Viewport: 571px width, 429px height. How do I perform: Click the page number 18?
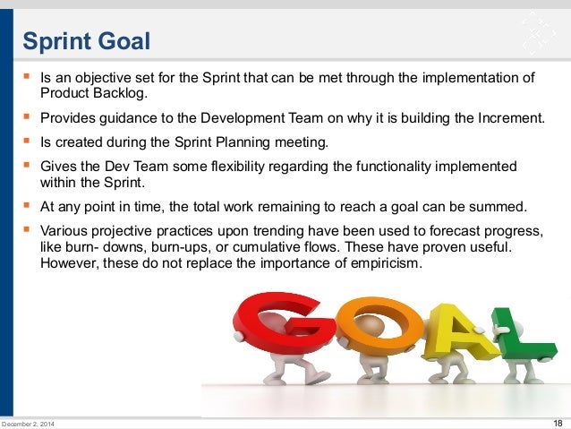[x=558, y=423]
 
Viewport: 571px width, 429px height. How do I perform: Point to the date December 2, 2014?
[x=27, y=424]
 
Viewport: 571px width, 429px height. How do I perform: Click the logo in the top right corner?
[x=535, y=33]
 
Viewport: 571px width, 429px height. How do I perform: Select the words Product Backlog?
[x=91, y=93]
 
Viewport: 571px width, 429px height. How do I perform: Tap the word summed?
[x=506, y=207]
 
